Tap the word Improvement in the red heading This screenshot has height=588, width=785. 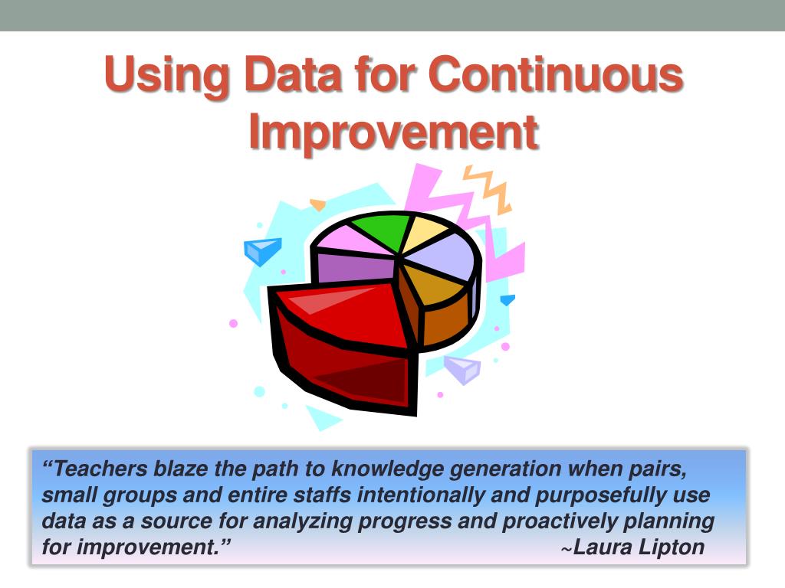392,132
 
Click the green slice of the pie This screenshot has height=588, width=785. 380,229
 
